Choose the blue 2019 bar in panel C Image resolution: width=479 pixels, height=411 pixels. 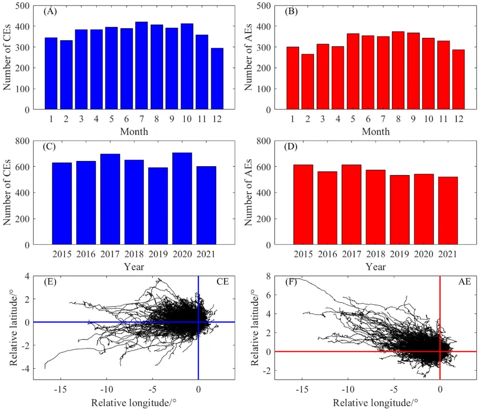158,206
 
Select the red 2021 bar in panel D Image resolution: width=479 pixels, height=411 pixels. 447,211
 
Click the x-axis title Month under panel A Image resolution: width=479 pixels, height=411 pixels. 134,132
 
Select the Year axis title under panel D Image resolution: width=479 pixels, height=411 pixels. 376,267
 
